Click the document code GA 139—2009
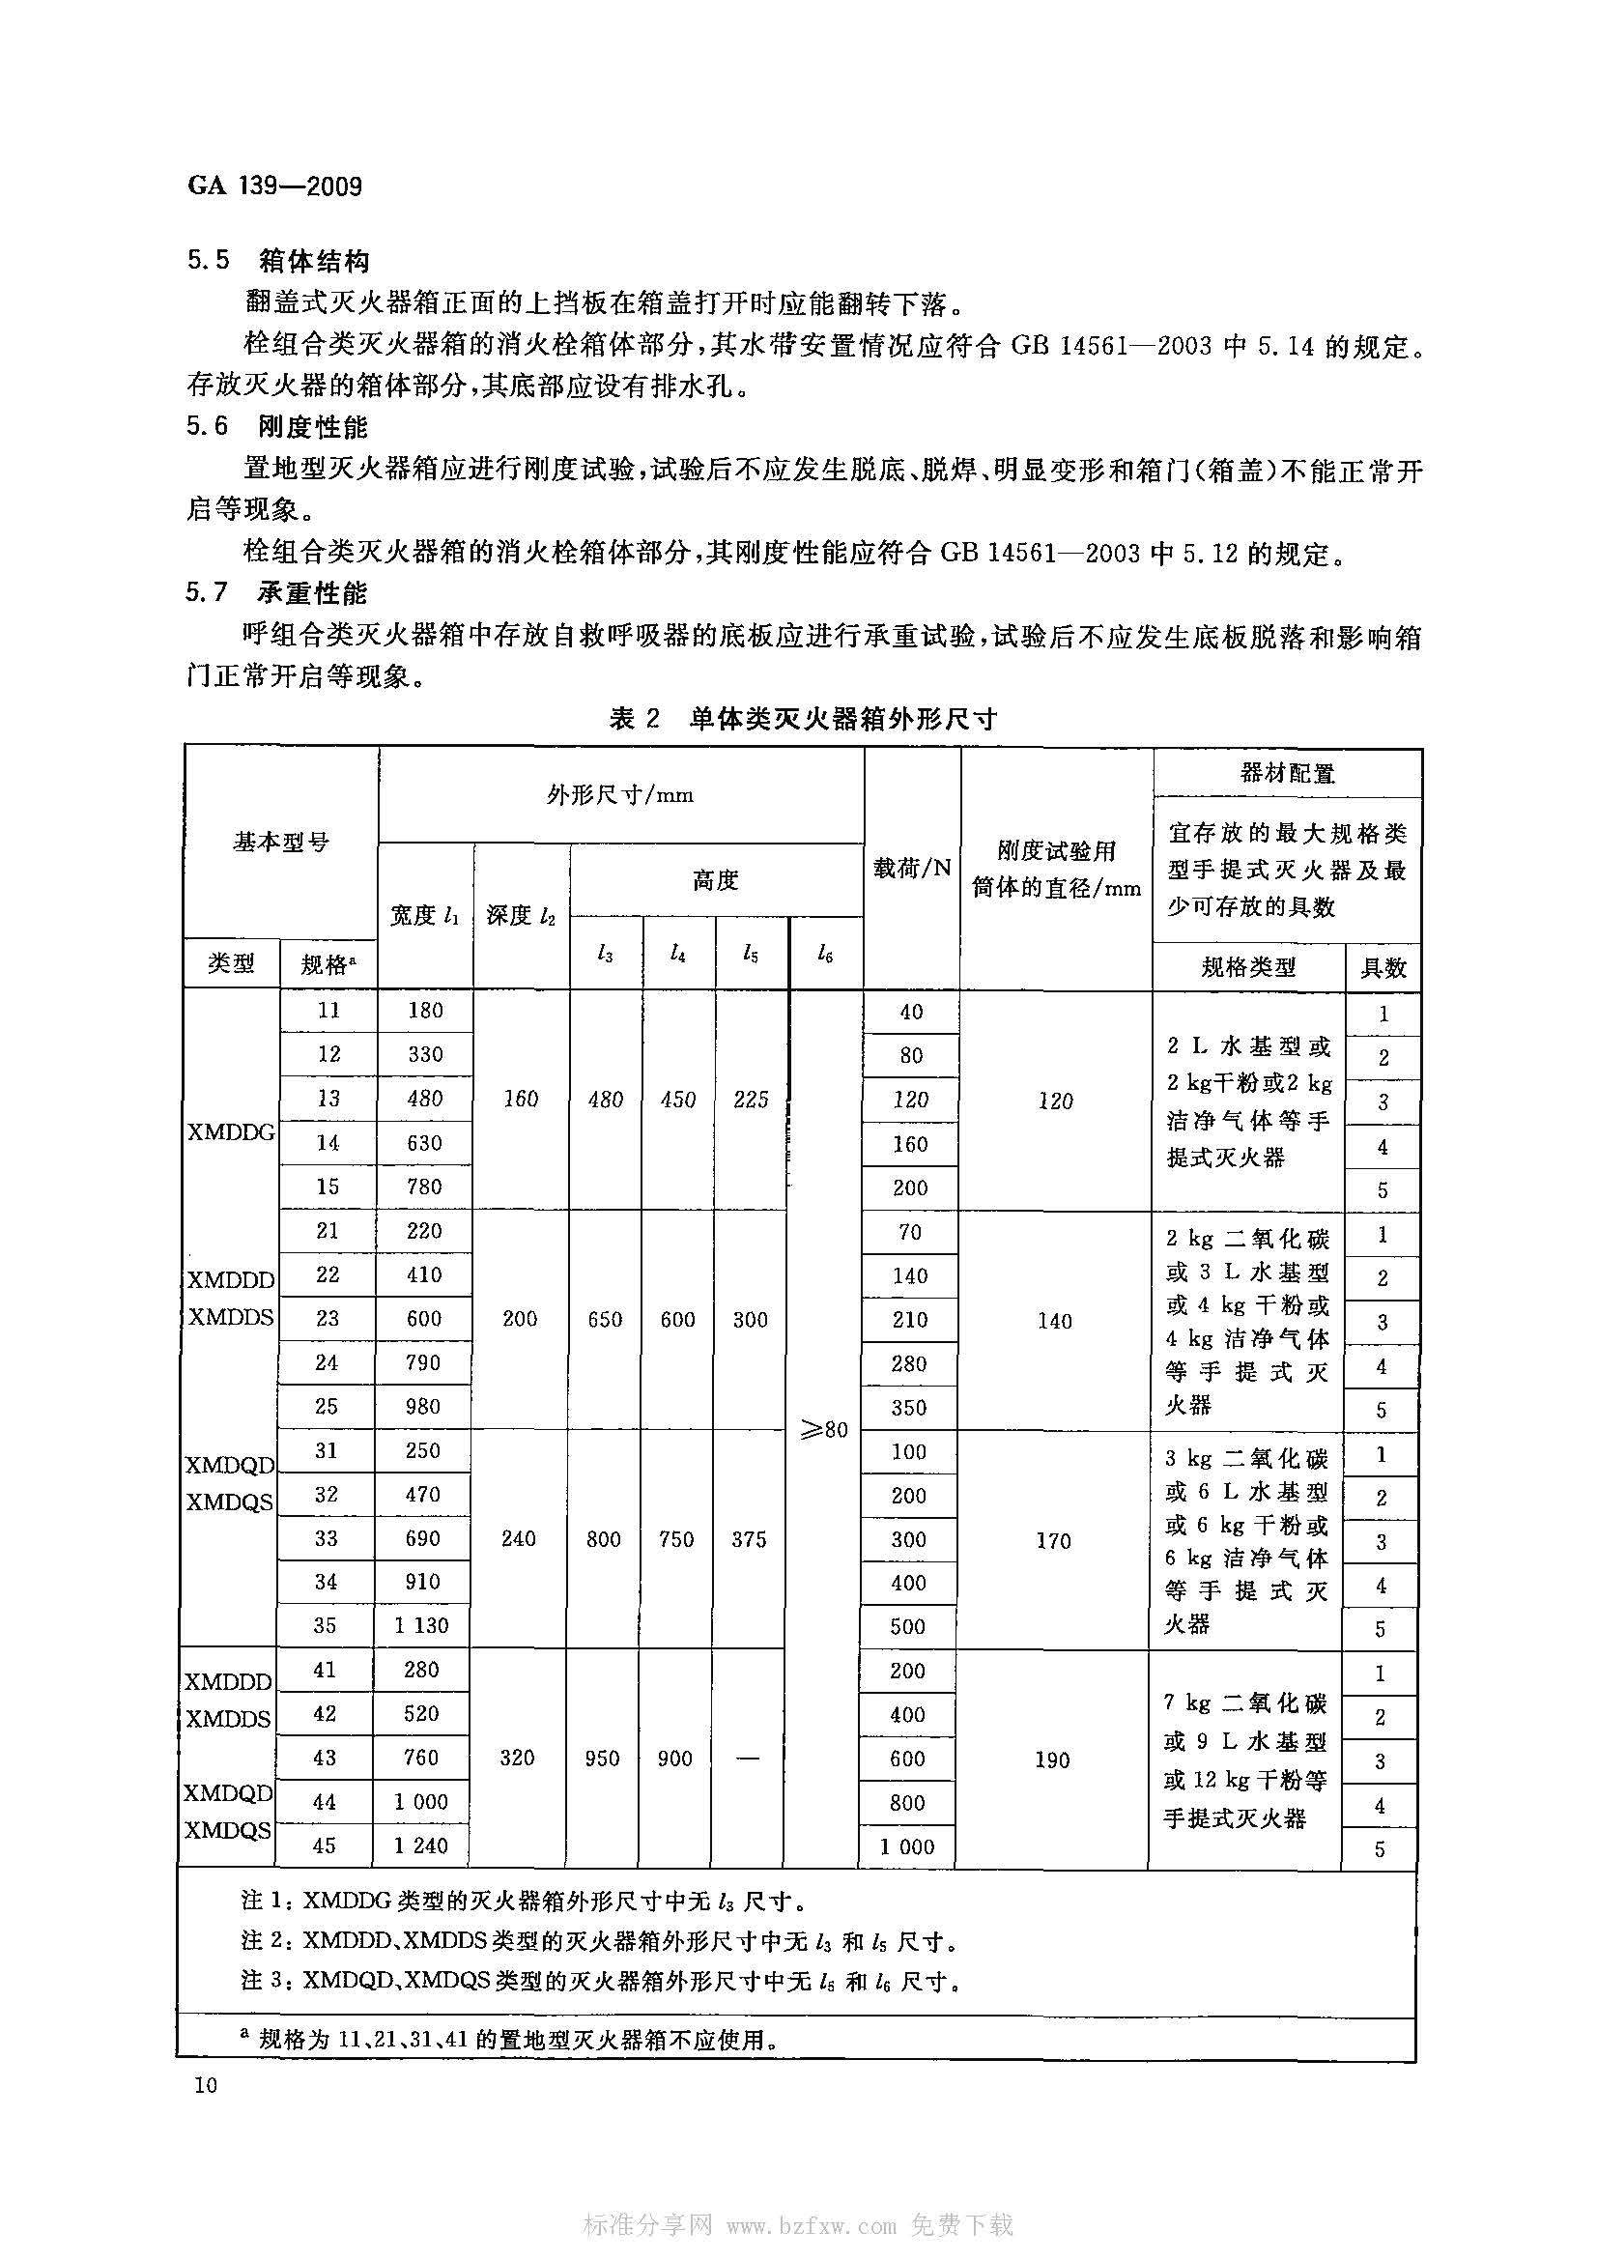[x=274, y=186]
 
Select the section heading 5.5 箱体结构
[x=279, y=261]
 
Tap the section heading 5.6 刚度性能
[x=279, y=427]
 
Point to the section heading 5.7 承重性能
[x=279, y=592]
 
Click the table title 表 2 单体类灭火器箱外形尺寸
[x=803, y=719]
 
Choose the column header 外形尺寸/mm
[x=620, y=795]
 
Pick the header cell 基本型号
[x=280, y=843]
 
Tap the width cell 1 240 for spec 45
[x=421, y=1845]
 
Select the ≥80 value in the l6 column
[x=824, y=1429]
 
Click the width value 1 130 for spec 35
[x=421, y=1625]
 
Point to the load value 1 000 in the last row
[x=907, y=1846]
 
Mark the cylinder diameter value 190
[x=1052, y=1759]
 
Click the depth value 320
[x=518, y=1758]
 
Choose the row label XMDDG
[x=231, y=1132]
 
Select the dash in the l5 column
[x=748, y=1759]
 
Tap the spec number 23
[x=328, y=1318]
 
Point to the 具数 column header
[x=1383, y=967]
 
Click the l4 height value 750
[x=676, y=1539]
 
